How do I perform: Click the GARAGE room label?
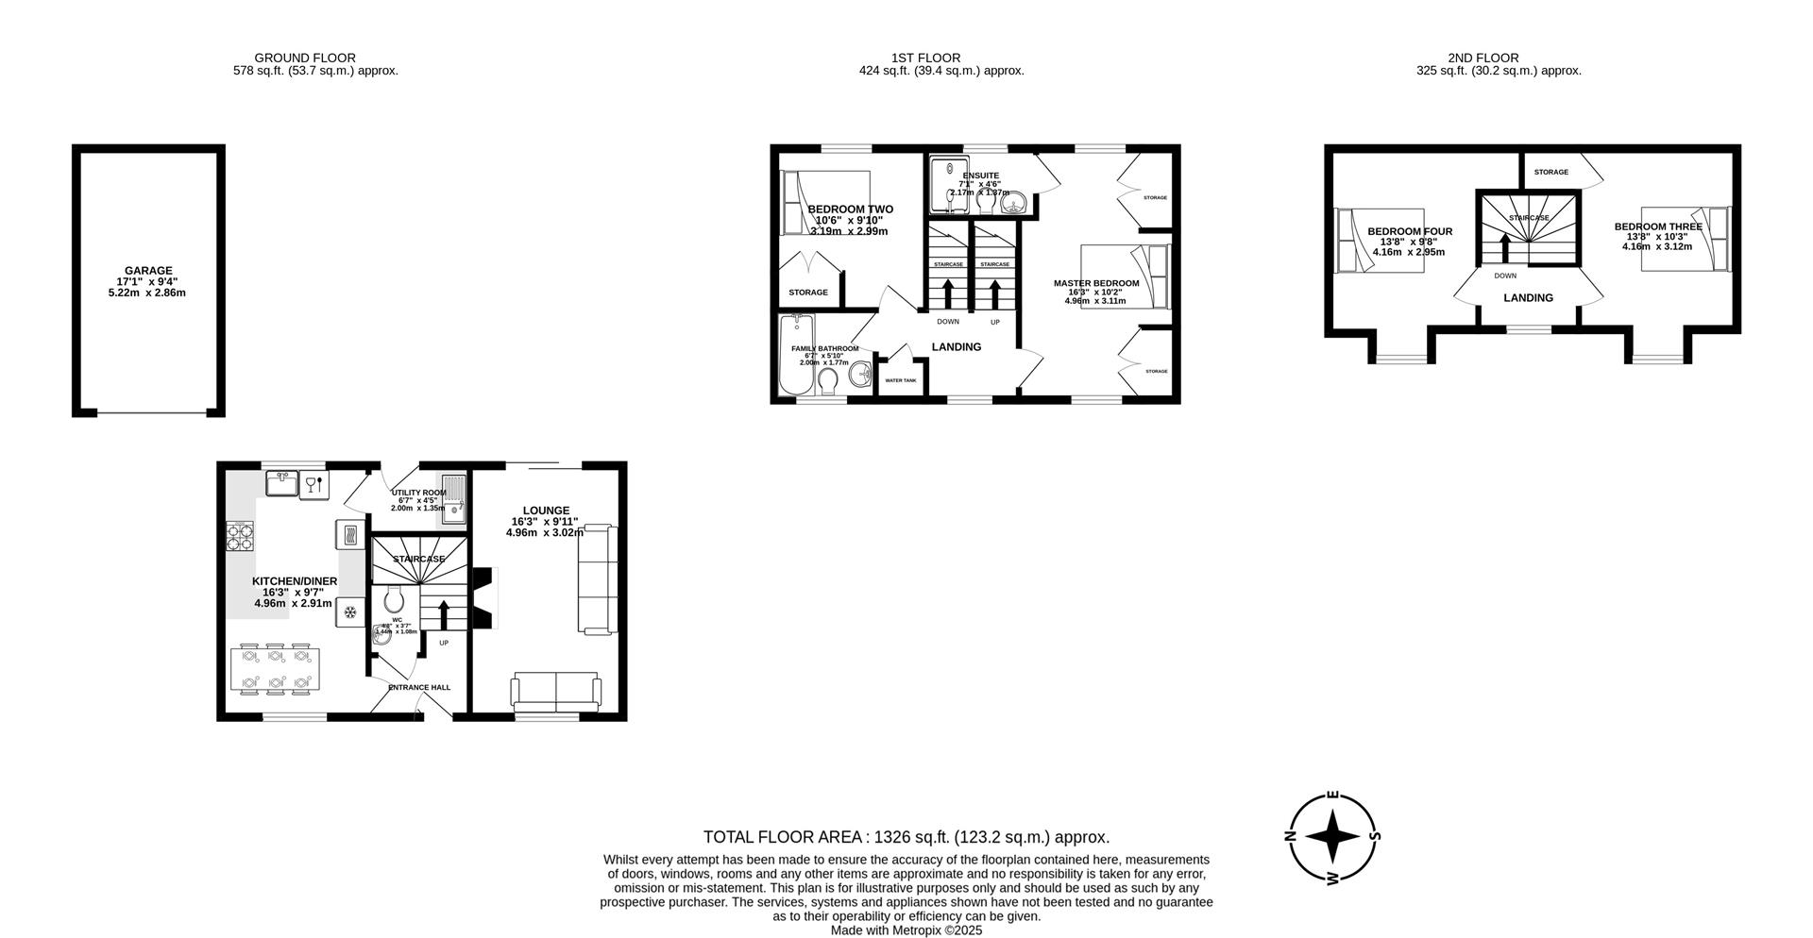click(x=147, y=271)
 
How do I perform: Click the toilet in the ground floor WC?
click(x=395, y=598)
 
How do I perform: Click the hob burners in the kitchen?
click(x=240, y=536)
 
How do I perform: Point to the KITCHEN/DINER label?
click(x=294, y=581)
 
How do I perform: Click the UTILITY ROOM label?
click(x=418, y=493)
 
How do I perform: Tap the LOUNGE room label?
click(x=546, y=511)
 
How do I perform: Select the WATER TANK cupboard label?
click(x=900, y=380)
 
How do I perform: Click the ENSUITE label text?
click(x=980, y=176)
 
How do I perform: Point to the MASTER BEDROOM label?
click(x=1096, y=283)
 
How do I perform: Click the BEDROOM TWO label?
click(x=850, y=209)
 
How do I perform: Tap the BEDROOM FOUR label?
click(x=1410, y=232)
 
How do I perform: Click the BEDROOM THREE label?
click(x=1657, y=226)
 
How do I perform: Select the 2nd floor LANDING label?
click(x=1528, y=298)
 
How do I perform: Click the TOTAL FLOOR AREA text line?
click(x=906, y=837)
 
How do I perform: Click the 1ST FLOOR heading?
click(x=925, y=59)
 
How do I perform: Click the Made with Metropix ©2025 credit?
click(x=906, y=930)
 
